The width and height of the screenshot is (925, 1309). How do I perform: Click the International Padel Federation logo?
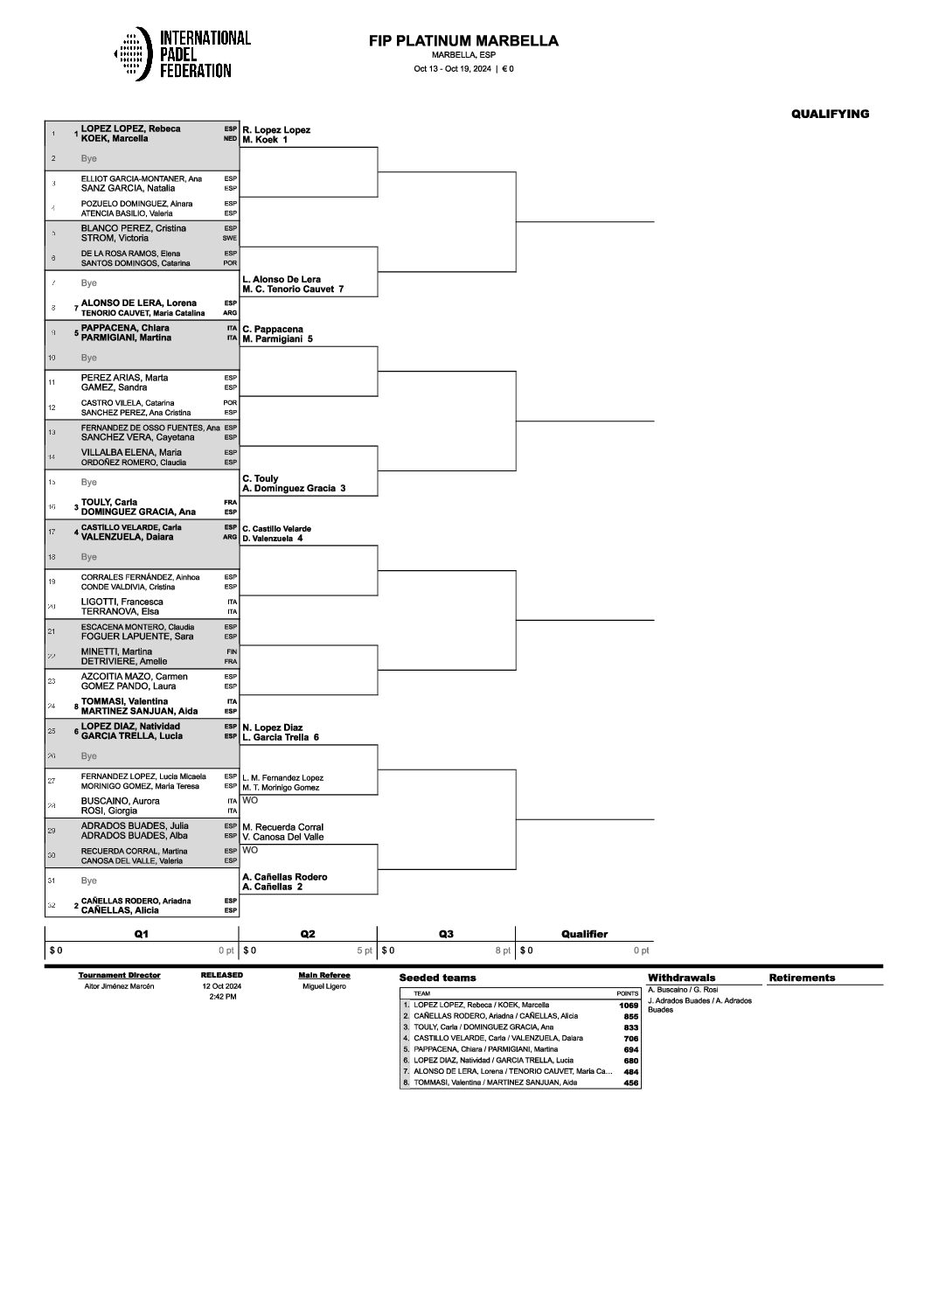point(182,54)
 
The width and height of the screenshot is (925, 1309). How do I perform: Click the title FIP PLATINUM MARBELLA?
point(464,41)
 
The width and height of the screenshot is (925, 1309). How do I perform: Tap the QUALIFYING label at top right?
point(830,114)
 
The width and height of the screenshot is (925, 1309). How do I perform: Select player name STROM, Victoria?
point(115,238)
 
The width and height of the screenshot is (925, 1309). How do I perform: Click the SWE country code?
point(230,238)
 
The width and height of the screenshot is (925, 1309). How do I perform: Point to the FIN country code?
point(232,651)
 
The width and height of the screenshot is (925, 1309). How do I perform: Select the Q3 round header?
point(446,934)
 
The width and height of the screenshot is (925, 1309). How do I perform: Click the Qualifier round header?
point(584,934)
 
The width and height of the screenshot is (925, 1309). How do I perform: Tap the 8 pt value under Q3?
point(502,950)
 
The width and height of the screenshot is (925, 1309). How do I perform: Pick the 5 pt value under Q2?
point(364,950)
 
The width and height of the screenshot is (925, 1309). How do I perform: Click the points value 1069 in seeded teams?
point(628,1006)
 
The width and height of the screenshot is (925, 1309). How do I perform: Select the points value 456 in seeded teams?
point(630,1083)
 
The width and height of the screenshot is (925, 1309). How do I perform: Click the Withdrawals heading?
point(681,978)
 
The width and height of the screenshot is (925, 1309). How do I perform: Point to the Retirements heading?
point(802,978)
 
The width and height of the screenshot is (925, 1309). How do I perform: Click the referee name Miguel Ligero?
point(323,986)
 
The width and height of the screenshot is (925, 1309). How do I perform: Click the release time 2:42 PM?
point(222,997)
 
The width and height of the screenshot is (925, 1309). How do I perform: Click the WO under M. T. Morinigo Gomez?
point(250,800)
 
